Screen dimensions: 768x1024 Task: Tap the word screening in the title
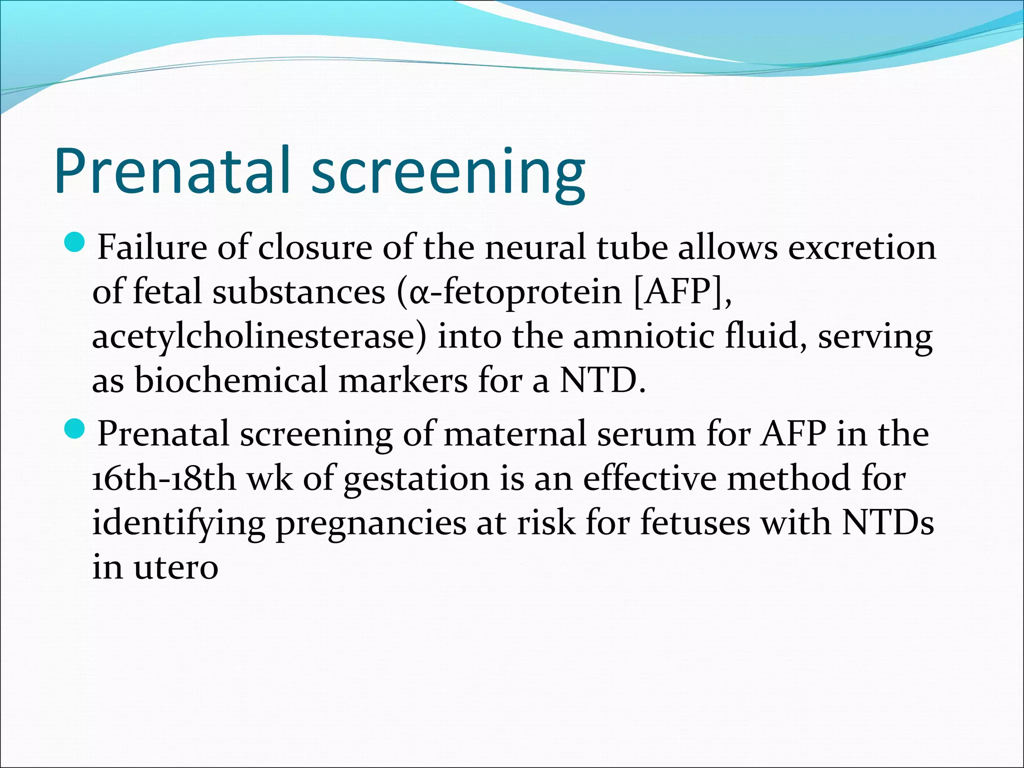pos(448,172)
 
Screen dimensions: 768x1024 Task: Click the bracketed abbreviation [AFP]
pos(682,292)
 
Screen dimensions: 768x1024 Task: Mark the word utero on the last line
pos(175,568)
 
